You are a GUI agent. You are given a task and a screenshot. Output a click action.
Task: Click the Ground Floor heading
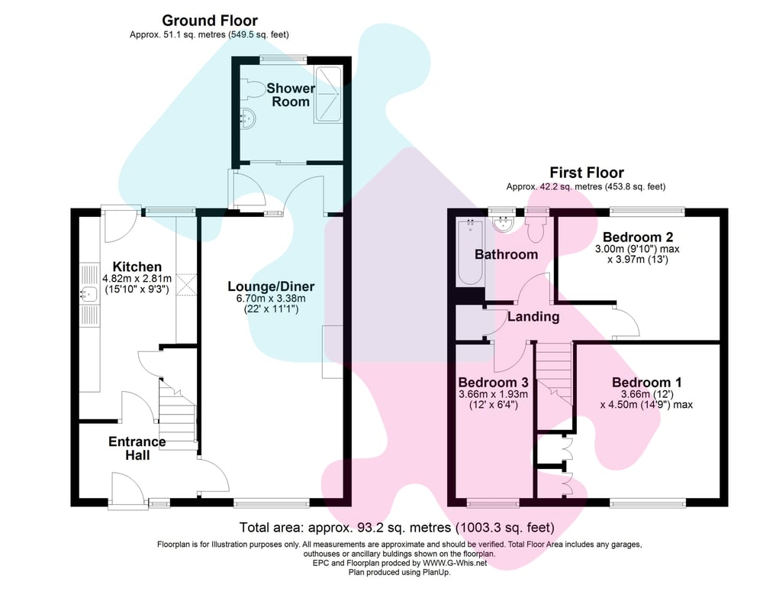[210, 21]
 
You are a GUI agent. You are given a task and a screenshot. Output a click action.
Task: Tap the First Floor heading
[587, 173]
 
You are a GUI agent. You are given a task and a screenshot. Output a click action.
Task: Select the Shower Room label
[291, 95]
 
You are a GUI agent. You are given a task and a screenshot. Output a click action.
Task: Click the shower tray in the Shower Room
[330, 95]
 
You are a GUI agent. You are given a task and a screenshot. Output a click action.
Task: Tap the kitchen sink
[89, 294]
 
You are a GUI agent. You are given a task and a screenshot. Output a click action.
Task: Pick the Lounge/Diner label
[271, 286]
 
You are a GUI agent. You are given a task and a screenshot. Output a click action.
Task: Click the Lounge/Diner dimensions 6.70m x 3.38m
[271, 298]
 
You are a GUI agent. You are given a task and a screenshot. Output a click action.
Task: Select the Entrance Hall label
[137, 448]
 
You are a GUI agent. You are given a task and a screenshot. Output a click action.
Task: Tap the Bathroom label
[506, 254]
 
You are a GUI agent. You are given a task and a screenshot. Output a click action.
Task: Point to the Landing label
[534, 316]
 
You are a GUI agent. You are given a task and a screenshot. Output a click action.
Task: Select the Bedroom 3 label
[494, 383]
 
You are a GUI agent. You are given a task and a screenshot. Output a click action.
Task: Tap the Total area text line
[396, 528]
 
